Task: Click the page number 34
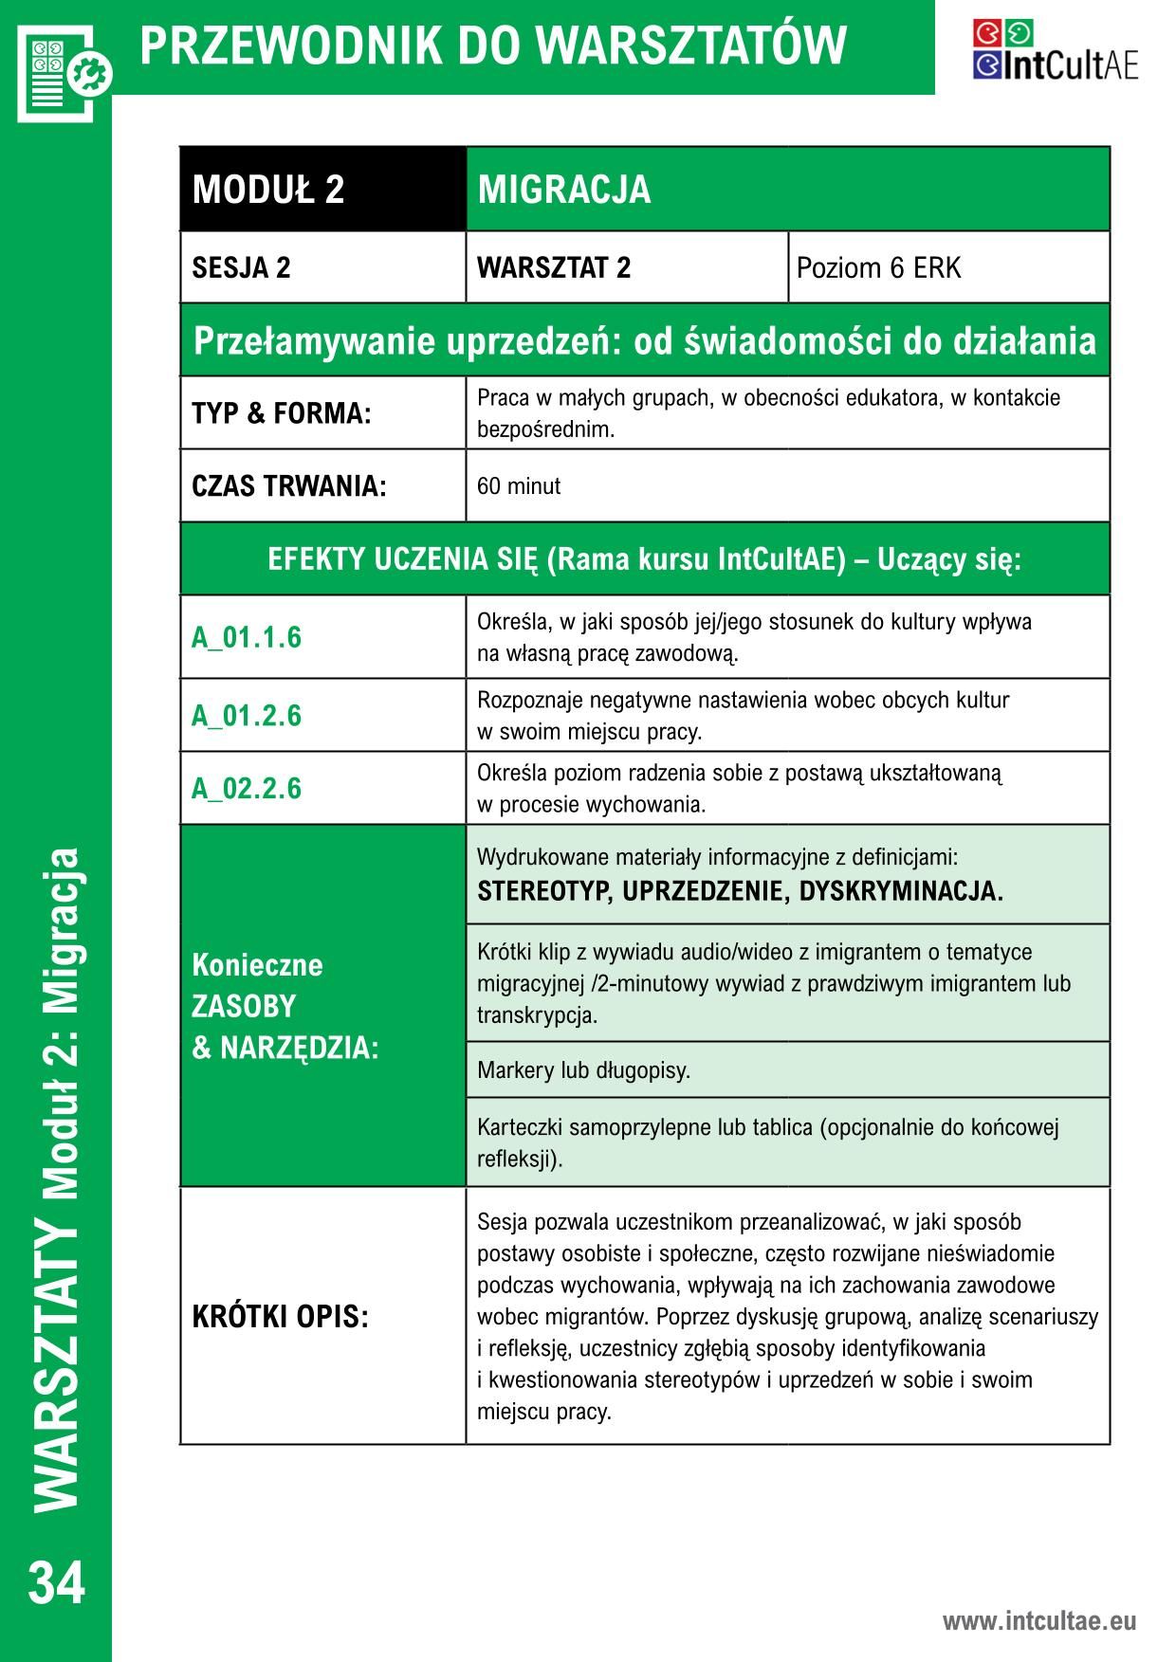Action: pos(57,1581)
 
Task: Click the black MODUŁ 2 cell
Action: pos(268,190)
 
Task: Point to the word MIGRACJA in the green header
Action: pos(564,190)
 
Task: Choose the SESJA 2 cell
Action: pos(242,268)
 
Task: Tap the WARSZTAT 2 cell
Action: pos(554,268)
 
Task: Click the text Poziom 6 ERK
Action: pos(878,268)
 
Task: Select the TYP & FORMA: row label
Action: pos(282,413)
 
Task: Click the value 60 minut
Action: pos(519,486)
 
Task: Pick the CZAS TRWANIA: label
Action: pos(289,486)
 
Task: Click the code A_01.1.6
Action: pos(247,637)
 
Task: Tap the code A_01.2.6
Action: pos(247,715)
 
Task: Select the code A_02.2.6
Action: pos(247,788)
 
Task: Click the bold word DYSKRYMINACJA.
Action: pos(900,891)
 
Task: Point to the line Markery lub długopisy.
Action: pos(583,1070)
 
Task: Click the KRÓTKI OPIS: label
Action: pos(280,1317)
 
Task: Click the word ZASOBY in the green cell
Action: pos(244,1006)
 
